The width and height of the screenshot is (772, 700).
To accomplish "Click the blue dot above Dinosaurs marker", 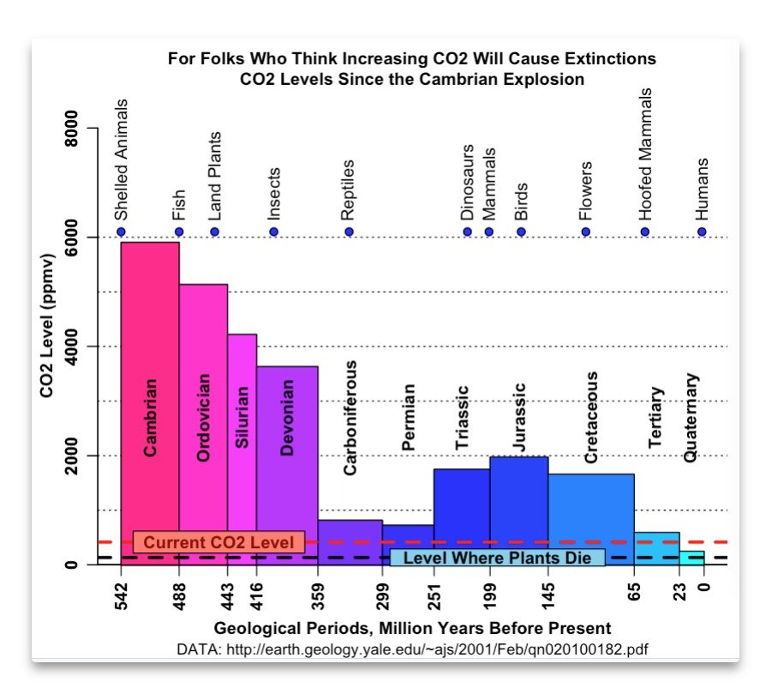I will [x=468, y=232].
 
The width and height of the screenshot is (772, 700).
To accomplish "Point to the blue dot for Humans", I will [x=703, y=232].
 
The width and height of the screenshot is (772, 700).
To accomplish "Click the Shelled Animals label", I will [x=121, y=160].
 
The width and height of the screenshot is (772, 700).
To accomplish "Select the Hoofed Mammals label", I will [x=645, y=154].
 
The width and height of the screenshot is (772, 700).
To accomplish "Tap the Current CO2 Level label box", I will [x=218, y=542].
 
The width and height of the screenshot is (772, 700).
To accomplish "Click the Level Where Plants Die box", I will [x=497, y=558].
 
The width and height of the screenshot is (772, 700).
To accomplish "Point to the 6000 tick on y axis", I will [x=72, y=237].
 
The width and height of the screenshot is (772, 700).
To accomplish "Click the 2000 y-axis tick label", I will [x=72, y=456].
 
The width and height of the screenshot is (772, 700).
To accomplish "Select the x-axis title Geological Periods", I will [x=412, y=627].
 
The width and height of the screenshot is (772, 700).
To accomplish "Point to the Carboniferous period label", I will [x=350, y=418].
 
